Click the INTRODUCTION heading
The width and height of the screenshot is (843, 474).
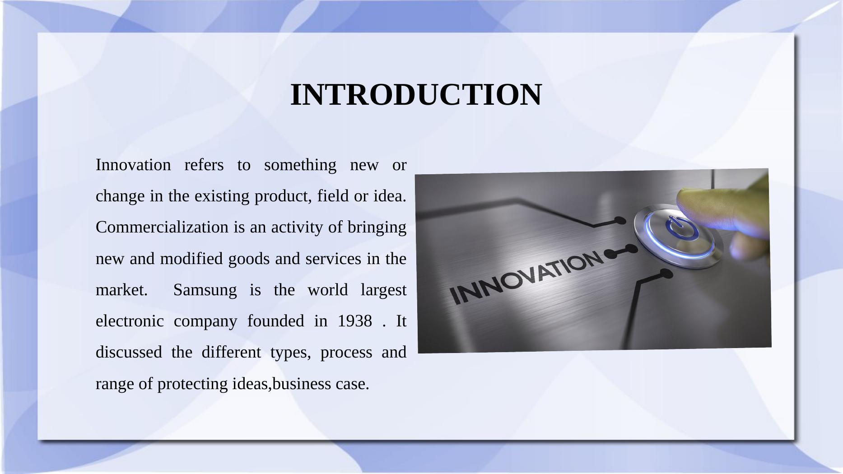click(x=416, y=95)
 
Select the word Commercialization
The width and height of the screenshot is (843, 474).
click(x=162, y=227)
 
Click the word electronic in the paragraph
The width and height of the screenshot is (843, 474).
click(x=130, y=321)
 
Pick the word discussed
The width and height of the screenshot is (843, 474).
click(x=129, y=352)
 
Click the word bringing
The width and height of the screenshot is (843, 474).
click(x=377, y=228)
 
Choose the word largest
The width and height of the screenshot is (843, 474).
click(x=384, y=290)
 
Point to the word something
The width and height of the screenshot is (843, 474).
click(x=300, y=165)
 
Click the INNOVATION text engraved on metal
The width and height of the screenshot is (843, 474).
click(x=526, y=278)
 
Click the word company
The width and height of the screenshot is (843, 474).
click(x=205, y=321)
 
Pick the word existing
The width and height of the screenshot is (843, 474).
click(x=222, y=196)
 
